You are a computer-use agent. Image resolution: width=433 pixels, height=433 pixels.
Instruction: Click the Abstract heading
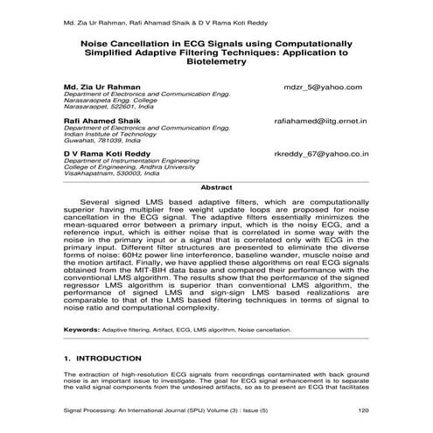(x=216, y=187)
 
